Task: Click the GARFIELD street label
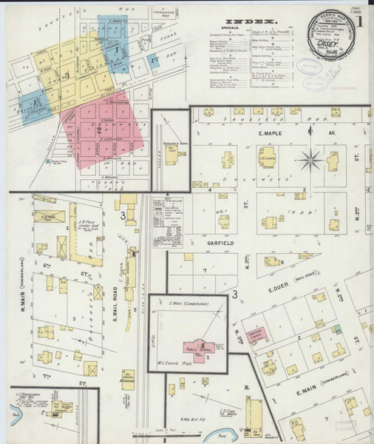coord(200,241)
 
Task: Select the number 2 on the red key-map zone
coord(98,129)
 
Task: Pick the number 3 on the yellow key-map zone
coord(67,75)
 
